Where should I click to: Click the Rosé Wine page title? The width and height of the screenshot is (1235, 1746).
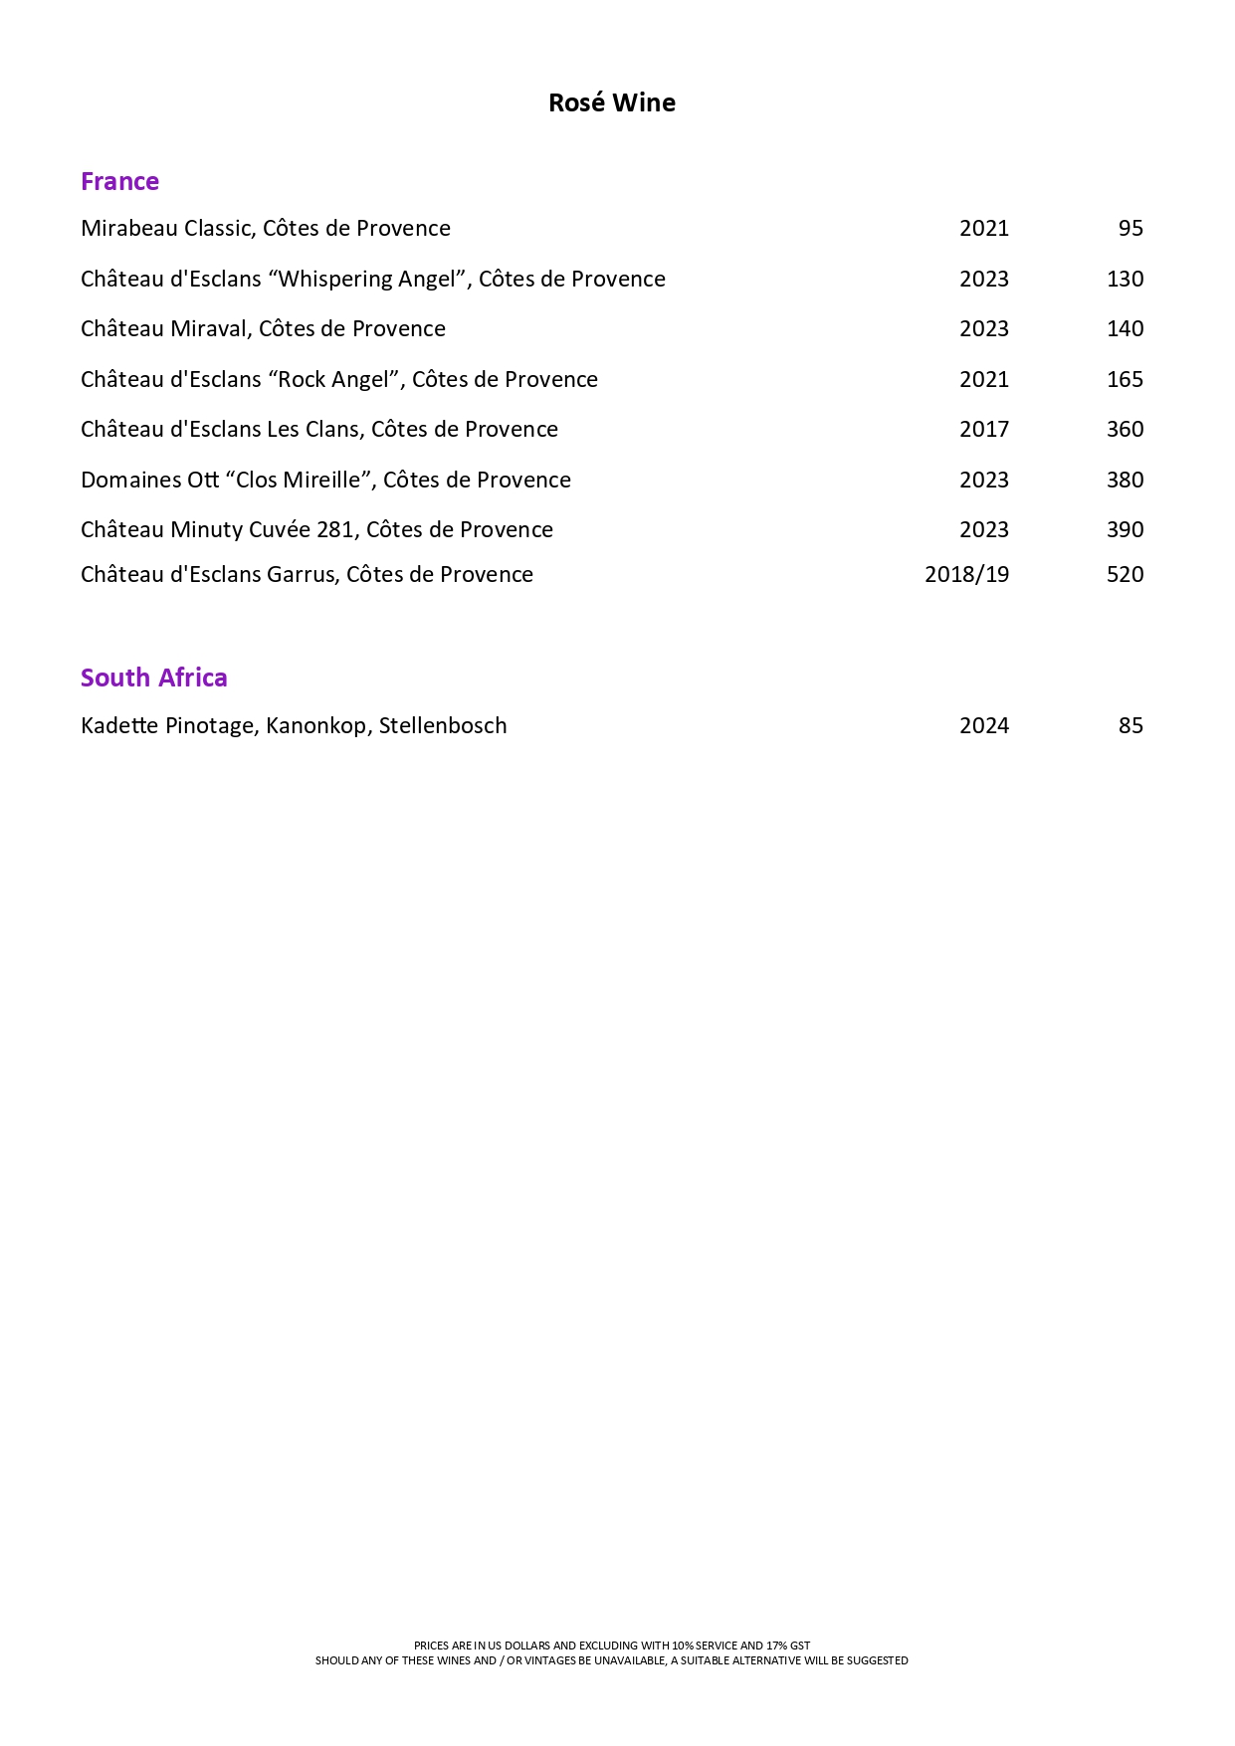coord(612,102)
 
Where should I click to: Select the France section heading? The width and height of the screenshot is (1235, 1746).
coord(119,181)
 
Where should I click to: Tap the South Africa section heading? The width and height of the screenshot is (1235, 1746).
coord(154,678)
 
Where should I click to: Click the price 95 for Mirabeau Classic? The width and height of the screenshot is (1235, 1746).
coord(1131,228)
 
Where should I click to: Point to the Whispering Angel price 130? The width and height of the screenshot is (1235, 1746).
coord(1125,279)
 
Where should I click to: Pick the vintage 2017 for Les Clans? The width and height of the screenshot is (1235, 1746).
coord(983,429)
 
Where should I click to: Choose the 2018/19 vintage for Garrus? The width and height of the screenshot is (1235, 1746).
coord(966,574)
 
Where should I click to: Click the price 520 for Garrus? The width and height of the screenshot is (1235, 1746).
coord(1125,574)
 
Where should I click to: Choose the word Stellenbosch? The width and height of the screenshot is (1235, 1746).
coord(443,725)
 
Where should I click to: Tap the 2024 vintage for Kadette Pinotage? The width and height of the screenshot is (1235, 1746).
coord(983,725)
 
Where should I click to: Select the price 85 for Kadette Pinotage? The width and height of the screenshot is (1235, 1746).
coord(1131,725)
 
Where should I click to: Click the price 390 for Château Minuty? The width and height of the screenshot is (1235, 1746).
coord(1125,529)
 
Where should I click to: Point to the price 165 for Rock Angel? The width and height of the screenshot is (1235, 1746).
coord(1125,379)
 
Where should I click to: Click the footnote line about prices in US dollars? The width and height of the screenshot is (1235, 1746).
coord(612,1646)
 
